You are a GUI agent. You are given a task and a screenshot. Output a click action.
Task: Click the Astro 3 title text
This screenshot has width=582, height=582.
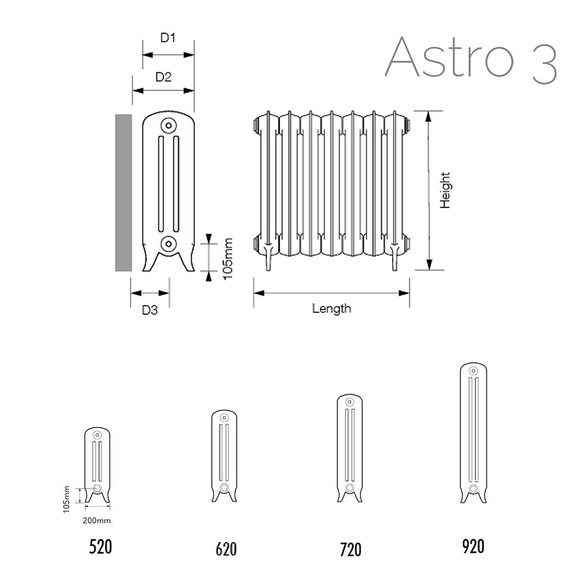point(471,58)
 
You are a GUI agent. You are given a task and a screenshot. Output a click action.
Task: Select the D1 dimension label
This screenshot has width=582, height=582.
point(168,38)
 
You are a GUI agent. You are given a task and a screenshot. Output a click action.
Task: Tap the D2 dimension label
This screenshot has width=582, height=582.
point(163,77)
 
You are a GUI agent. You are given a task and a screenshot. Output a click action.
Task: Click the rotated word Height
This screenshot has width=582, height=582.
point(445,190)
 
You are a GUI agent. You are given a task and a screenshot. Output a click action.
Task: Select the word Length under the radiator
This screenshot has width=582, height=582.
point(331,308)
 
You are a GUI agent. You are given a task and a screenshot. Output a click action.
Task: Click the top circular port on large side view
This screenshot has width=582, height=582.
point(169,126)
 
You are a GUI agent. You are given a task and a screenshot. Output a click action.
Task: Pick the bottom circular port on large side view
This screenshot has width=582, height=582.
point(169,243)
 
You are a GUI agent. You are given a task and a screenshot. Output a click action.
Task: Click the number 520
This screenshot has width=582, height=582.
point(100,546)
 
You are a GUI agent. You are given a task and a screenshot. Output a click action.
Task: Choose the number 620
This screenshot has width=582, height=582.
point(226,549)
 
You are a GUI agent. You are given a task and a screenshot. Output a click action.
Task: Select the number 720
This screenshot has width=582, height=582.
point(350,549)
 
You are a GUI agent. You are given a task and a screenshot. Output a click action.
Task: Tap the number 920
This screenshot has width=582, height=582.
point(473,546)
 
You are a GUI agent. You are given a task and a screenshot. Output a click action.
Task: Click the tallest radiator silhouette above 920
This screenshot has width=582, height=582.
point(473,434)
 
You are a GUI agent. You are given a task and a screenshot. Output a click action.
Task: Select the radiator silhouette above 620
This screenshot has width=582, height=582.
point(224,454)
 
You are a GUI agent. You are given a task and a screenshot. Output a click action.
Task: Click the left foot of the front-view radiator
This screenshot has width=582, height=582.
point(268,258)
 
